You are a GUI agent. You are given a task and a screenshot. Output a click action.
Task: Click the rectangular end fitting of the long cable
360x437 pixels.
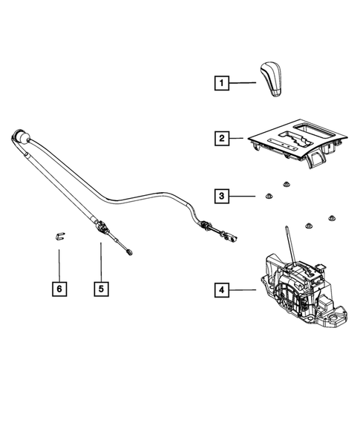pyautogui.click(x=232, y=238)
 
